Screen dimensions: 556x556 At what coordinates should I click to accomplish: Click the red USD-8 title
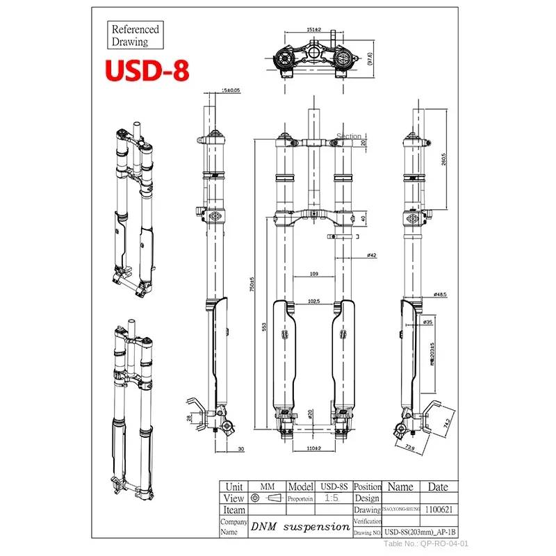tap(147, 70)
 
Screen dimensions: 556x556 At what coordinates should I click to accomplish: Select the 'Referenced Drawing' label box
tap(136, 35)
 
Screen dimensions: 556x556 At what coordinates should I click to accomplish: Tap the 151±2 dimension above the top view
tap(313, 30)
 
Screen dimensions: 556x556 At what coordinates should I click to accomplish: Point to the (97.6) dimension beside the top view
tap(371, 60)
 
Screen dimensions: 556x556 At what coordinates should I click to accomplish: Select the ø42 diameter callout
tap(372, 256)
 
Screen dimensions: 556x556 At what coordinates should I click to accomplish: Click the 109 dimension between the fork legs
tap(313, 275)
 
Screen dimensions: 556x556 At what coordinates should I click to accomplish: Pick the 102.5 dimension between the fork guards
tap(313, 301)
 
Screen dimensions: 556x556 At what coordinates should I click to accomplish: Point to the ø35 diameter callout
tap(429, 322)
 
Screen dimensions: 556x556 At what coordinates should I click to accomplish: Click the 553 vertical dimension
tap(265, 327)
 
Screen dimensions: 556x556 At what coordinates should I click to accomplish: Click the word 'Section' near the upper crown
tap(349, 136)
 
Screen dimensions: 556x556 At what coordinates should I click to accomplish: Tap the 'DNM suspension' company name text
tap(300, 527)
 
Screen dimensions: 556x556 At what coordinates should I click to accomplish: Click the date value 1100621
tap(438, 509)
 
